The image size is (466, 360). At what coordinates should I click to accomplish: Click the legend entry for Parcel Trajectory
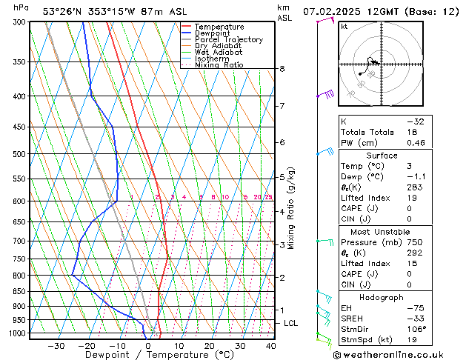pyautogui.click(x=228, y=39)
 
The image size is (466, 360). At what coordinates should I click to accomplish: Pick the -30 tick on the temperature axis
pyautogui.click(x=56, y=346)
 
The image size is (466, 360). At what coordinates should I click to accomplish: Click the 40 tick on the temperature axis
pyautogui.click(x=270, y=346)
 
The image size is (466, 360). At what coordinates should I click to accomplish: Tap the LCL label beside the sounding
pyautogui.click(x=291, y=323)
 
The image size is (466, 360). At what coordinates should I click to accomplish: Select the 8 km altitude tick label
pyautogui.click(x=282, y=69)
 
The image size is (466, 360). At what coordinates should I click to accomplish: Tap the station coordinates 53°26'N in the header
pyautogui.click(x=62, y=11)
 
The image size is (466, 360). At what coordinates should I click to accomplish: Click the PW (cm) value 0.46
pyautogui.click(x=416, y=143)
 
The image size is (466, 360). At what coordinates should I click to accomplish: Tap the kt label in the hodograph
pyautogui.click(x=344, y=26)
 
